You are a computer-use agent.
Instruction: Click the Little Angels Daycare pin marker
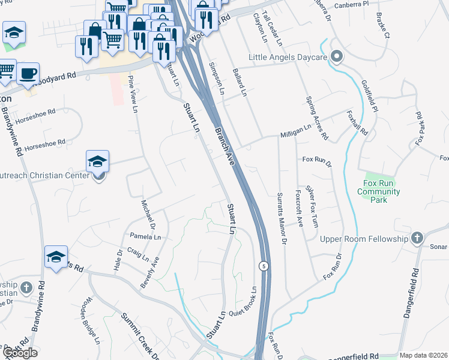click(x=336, y=58)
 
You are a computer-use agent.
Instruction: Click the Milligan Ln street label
click(x=295, y=136)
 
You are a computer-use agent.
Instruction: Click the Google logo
click(x=20, y=352)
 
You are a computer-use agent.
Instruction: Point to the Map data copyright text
click(x=423, y=355)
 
